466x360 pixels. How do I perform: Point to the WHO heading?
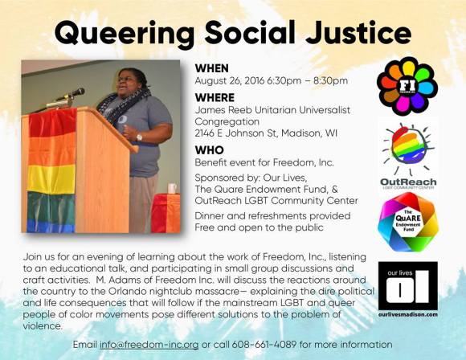tap(210, 149)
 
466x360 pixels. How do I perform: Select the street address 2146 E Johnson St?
tap(239, 134)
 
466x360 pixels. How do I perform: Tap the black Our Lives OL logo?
tap(407, 286)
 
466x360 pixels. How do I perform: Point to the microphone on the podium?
tap(75, 93)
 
